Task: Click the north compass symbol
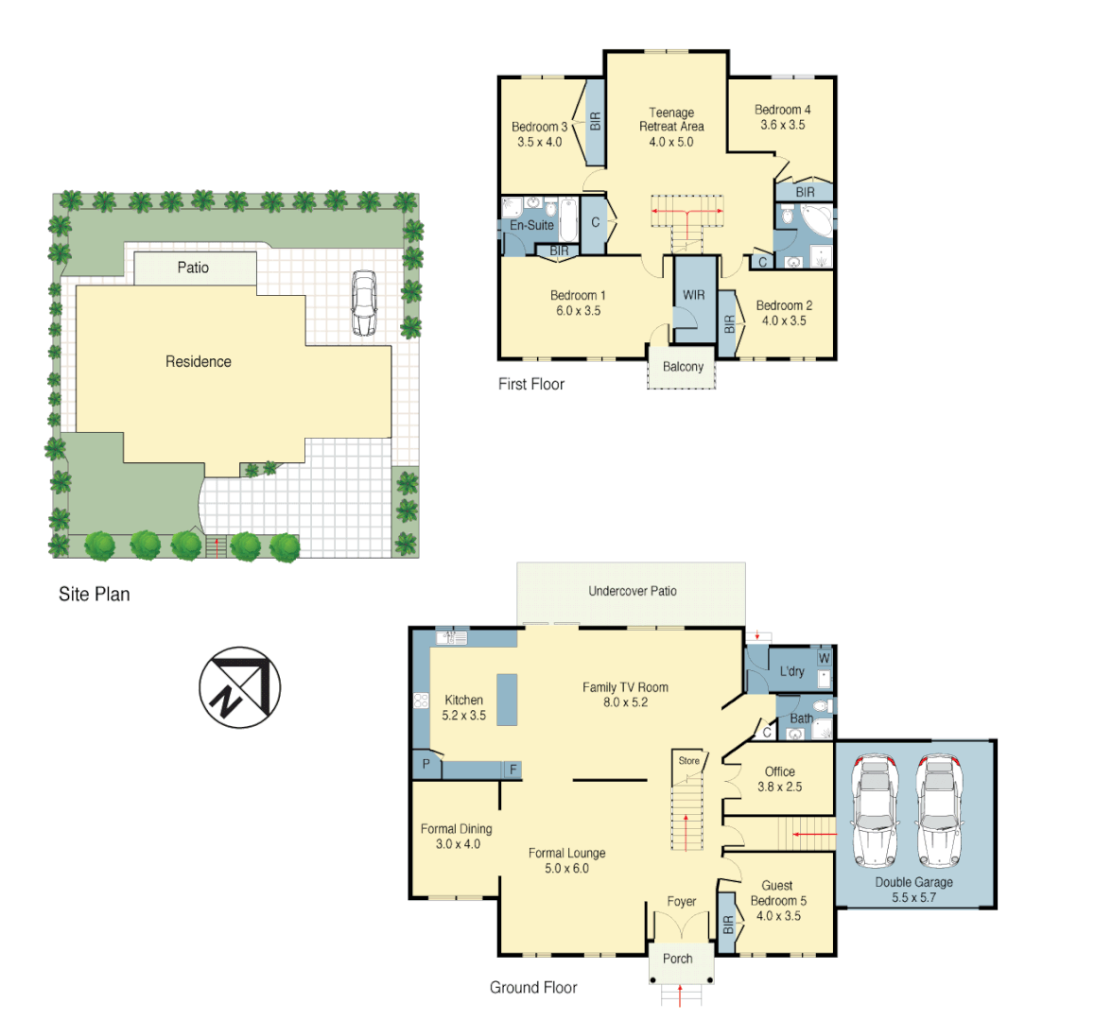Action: click(240, 687)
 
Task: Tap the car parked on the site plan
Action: click(364, 303)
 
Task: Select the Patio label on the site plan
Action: click(193, 268)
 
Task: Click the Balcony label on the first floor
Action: click(683, 367)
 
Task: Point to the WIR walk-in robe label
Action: click(694, 295)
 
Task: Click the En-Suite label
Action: click(531, 226)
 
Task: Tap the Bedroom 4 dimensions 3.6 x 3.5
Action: click(783, 125)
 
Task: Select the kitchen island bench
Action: click(507, 699)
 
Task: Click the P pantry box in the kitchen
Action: click(426, 764)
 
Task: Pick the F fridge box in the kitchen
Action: click(513, 770)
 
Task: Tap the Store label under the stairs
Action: click(689, 761)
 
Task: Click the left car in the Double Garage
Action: click(875, 811)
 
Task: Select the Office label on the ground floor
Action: click(780, 771)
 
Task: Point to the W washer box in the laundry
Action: click(824, 658)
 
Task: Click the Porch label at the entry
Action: click(678, 959)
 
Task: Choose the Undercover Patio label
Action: click(633, 592)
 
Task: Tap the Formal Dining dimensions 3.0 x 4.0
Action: click(458, 844)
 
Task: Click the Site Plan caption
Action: click(95, 595)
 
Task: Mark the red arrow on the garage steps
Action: click(813, 835)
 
